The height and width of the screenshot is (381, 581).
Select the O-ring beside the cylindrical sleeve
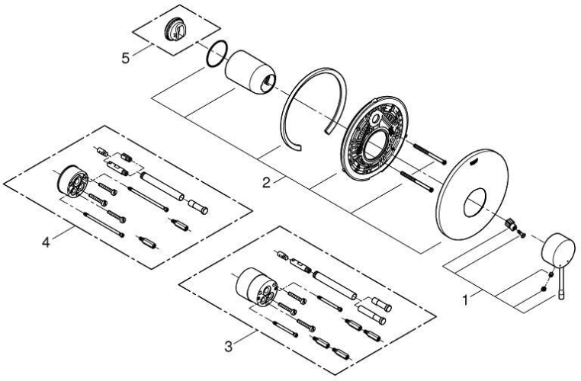point(217,54)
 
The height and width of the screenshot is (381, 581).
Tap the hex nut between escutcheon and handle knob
point(511,223)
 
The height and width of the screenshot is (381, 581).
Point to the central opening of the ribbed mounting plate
point(374,142)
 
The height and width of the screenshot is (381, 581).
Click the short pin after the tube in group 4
point(198,206)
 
